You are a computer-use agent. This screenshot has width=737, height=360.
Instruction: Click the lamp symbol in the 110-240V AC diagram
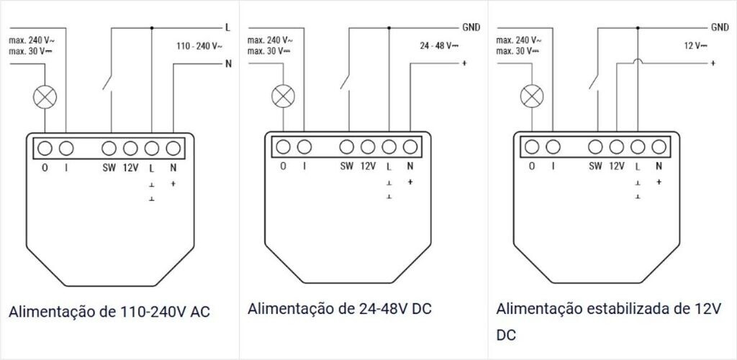pyautogui.click(x=45, y=99)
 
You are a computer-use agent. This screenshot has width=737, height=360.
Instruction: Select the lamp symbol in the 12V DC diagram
pyautogui.click(x=533, y=94)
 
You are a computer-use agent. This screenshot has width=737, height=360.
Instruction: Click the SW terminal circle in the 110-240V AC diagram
pyautogui.click(x=109, y=148)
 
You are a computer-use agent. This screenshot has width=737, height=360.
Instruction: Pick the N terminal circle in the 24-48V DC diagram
pyautogui.click(x=410, y=147)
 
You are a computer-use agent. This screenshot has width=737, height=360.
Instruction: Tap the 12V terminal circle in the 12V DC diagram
pyautogui.click(x=616, y=147)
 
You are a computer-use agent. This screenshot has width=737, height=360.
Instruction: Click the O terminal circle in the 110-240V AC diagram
pyautogui.click(x=45, y=148)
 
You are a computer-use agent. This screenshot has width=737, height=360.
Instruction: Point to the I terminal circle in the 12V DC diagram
pyautogui.click(x=553, y=147)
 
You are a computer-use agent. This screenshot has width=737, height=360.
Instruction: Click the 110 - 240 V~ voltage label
pyautogui.click(x=199, y=46)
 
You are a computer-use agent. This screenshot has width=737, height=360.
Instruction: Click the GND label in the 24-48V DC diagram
pyautogui.click(x=471, y=28)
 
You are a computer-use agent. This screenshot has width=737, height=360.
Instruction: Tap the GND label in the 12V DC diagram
pyautogui.click(x=720, y=27)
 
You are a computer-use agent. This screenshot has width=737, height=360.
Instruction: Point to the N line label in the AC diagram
pyautogui.click(x=228, y=63)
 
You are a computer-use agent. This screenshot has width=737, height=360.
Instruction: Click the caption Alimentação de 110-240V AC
pyautogui.click(x=114, y=312)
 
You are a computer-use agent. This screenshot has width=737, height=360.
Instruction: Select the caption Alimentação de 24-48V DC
pyautogui.click(x=339, y=309)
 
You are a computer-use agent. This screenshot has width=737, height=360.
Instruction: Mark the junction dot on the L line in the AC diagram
pyautogui.click(x=151, y=28)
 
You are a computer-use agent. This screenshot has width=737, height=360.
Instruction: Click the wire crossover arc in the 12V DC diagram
pyautogui.click(x=637, y=63)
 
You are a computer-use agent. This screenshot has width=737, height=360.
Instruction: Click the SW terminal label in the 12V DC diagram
pyautogui.click(x=595, y=166)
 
